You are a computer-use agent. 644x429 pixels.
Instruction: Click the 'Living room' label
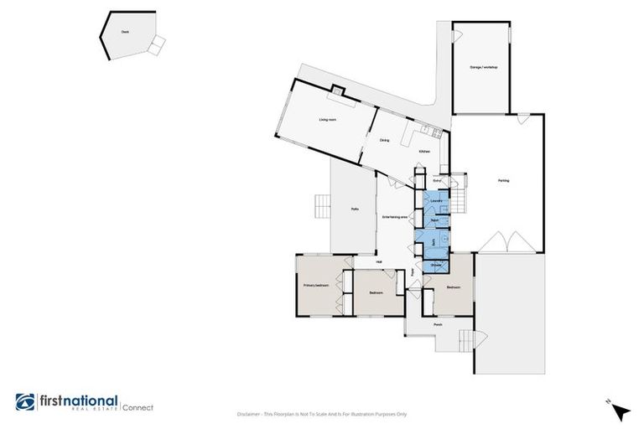(x=327, y=120)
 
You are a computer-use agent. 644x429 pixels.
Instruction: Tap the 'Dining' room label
(x=384, y=140)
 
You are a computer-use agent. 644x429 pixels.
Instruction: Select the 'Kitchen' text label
(x=424, y=151)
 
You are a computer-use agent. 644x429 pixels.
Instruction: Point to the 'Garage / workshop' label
(x=483, y=67)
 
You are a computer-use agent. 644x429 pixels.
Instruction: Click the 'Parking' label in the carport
(x=503, y=180)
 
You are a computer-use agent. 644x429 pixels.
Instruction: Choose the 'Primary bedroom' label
(x=315, y=286)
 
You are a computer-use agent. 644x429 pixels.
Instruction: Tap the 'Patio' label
(x=355, y=209)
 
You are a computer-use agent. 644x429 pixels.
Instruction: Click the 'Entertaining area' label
(x=394, y=217)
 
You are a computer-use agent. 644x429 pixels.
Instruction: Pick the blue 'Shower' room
(x=435, y=266)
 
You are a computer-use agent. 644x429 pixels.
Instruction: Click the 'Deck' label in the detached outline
(x=124, y=31)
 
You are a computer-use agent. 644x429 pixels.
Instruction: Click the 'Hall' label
(x=379, y=262)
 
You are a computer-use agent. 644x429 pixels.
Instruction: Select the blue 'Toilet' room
(x=434, y=220)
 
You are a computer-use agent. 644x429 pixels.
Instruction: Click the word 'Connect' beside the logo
(x=138, y=408)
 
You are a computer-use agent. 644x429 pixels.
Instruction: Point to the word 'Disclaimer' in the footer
(x=250, y=414)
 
